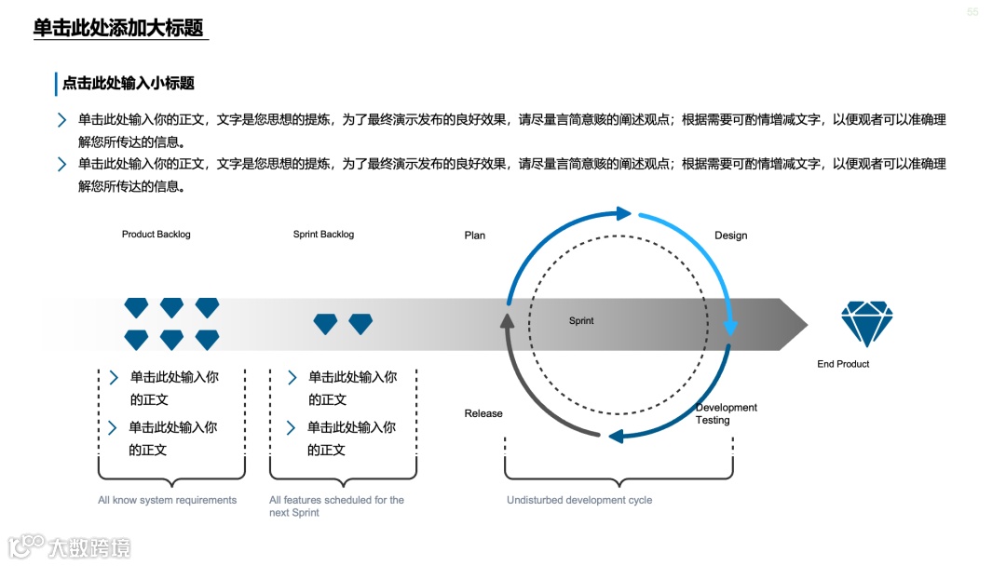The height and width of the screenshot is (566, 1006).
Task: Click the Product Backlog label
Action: click(x=156, y=235)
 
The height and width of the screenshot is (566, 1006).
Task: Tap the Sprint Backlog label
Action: click(x=323, y=235)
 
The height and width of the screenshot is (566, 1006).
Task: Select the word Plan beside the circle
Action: click(x=475, y=236)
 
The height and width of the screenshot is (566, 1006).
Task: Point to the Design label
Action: click(x=730, y=236)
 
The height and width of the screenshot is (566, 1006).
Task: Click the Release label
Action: click(x=483, y=413)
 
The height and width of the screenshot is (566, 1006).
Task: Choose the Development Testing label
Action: click(x=726, y=413)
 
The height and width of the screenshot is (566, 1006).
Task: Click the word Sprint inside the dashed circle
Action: click(x=581, y=321)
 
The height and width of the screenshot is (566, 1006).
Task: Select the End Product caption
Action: click(x=843, y=364)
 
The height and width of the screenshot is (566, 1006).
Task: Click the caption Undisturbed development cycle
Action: click(x=579, y=500)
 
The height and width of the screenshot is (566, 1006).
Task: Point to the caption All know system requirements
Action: click(x=168, y=500)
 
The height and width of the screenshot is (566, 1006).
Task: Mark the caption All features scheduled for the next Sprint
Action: click(x=336, y=506)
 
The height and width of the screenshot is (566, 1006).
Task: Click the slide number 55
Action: click(x=972, y=12)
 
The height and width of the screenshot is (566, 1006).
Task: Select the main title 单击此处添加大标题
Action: click(x=118, y=28)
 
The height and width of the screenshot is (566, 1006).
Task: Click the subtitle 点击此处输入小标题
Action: click(x=129, y=83)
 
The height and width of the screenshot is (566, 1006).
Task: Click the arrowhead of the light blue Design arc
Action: click(x=731, y=327)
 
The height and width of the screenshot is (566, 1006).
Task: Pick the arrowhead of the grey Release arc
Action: click(x=507, y=321)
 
